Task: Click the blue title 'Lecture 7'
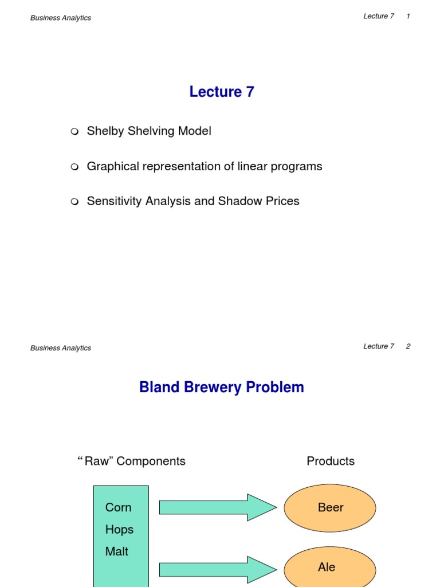tap(222, 92)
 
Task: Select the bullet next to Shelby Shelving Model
tap(74, 132)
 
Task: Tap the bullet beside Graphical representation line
tap(74, 167)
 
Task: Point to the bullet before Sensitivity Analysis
tap(74, 202)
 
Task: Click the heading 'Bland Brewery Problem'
tap(222, 388)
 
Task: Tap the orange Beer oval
tap(330, 508)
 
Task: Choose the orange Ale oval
tap(330, 567)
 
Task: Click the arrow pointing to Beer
tap(218, 507)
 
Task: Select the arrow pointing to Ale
tap(218, 569)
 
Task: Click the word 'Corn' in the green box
tap(119, 507)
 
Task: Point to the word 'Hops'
tap(119, 530)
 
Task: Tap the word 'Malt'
tap(117, 551)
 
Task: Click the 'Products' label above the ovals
tap(331, 461)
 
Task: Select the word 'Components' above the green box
tap(151, 461)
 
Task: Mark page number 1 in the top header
tap(408, 16)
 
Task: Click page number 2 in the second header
tap(408, 346)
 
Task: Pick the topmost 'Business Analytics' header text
tap(61, 18)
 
